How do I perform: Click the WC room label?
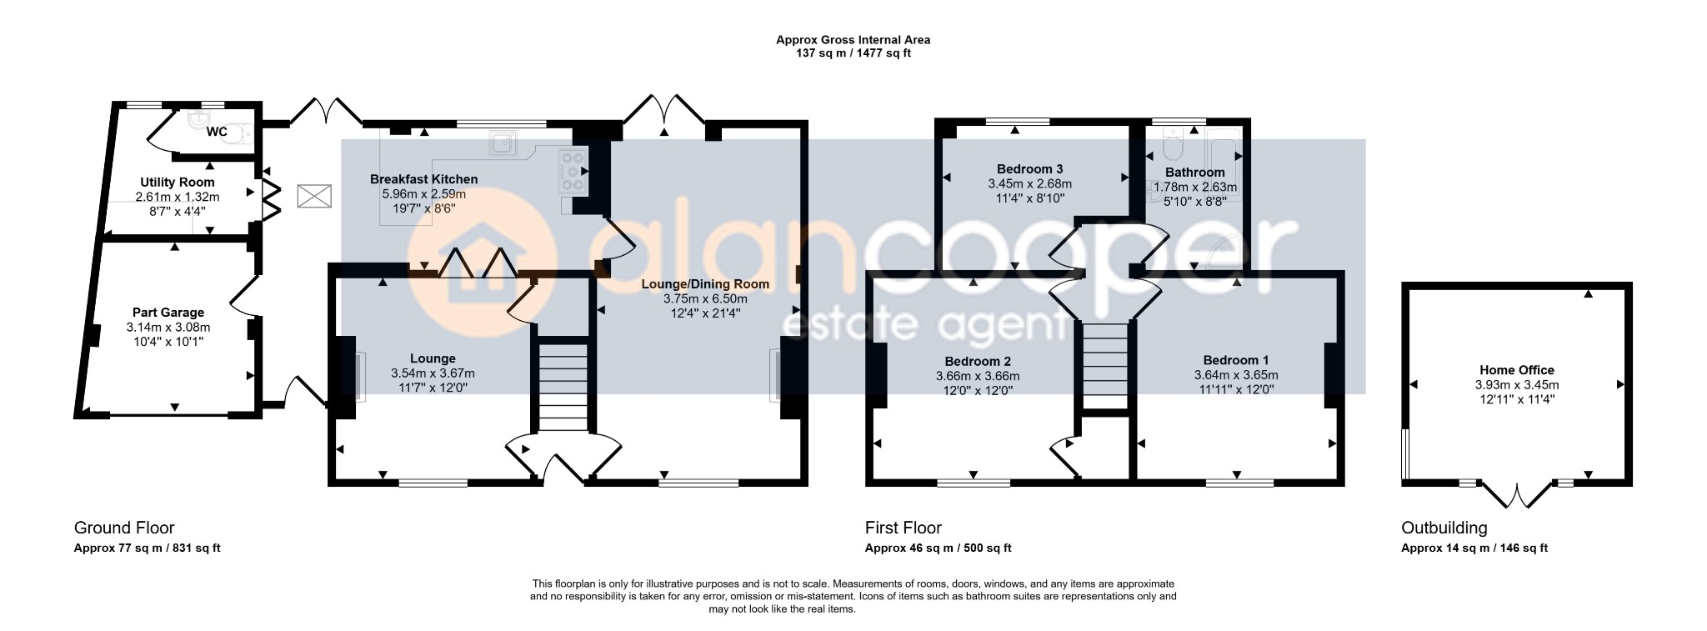pyautogui.click(x=217, y=132)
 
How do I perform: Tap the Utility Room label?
pyautogui.click(x=177, y=183)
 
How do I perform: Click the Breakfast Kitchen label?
pyautogui.click(x=423, y=179)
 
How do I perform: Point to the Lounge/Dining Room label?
pyautogui.click(x=704, y=284)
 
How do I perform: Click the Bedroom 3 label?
pyautogui.click(x=1029, y=169)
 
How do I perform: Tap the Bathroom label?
pyautogui.click(x=1195, y=173)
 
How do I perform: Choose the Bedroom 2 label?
pyautogui.click(x=978, y=362)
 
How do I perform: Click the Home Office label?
pyautogui.click(x=1517, y=370)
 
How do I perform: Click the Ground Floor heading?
pyautogui.click(x=124, y=528)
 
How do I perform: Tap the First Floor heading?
pyautogui.click(x=904, y=528)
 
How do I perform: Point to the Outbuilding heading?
pyautogui.click(x=1444, y=528)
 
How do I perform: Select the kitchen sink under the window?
pyautogui.click(x=503, y=143)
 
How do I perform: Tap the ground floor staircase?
pyautogui.click(x=562, y=385)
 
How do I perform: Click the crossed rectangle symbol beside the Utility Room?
pyautogui.click(x=314, y=198)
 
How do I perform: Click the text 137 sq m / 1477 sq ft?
pyautogui.click(x=853, y=53)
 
